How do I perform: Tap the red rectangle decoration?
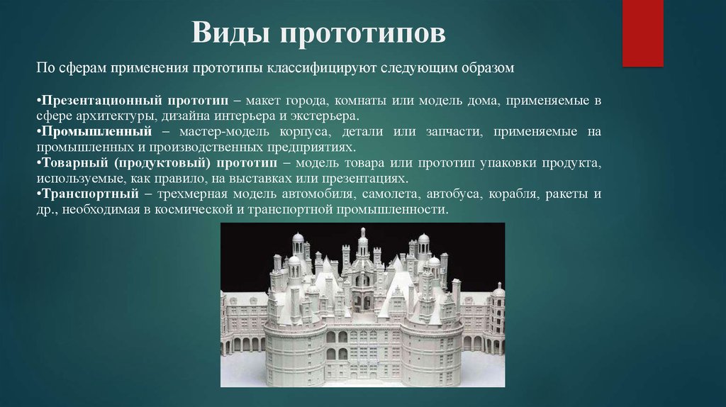tap(642, 33)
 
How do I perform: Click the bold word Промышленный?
tap(96, 131)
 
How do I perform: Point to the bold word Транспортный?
tap(90, 194)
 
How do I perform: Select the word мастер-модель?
tap(224, 131)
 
